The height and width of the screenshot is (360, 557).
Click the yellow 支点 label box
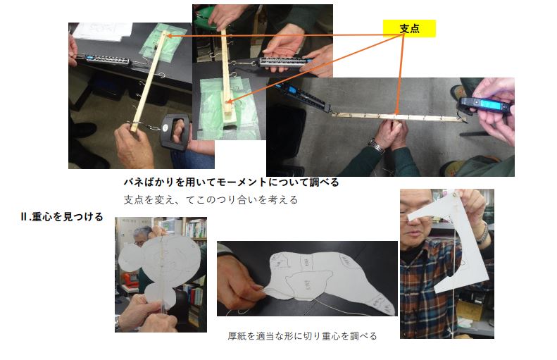point(409,28)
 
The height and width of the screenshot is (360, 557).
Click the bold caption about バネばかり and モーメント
point(231,182)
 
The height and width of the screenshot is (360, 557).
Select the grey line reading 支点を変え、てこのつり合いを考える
point(211,199)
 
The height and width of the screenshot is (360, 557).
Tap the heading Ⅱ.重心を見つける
point(62,217)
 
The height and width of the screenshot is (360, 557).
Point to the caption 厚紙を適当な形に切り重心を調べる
point(302,336)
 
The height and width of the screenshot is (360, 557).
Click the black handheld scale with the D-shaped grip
point(175,131)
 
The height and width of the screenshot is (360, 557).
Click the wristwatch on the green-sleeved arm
point(376,146)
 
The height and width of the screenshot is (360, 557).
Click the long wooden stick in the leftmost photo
point(149,82)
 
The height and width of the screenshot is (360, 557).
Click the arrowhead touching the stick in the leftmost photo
point(169,36)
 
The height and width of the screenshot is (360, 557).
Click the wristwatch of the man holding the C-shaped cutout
point(483,232)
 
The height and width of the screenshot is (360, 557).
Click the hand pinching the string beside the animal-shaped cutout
point(238,281)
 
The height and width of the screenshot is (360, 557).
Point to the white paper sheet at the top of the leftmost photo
point(103,31)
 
